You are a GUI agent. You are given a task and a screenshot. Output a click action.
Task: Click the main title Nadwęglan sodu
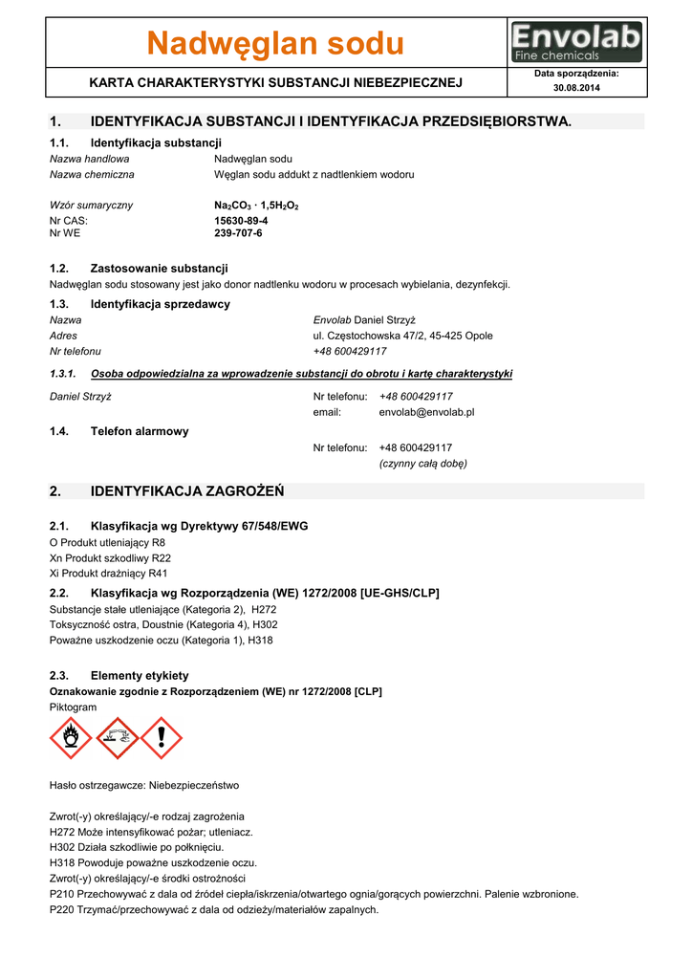coord(275,43)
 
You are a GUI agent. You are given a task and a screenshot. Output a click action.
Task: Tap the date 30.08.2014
coord(576,88)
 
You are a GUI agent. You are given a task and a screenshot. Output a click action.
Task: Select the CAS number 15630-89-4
coord(241,220)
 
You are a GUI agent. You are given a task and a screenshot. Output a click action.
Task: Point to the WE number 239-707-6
coord(238,233)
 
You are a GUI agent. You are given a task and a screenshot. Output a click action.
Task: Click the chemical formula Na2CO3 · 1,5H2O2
coord(256,206)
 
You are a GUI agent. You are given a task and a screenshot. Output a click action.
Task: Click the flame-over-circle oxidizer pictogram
coord(71,738)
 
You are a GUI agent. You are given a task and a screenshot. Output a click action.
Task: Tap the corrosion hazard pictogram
coord(116,738)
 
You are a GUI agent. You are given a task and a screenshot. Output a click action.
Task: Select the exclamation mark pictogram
coord(161,738)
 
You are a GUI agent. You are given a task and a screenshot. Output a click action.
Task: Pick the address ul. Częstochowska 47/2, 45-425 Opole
coord(402,336)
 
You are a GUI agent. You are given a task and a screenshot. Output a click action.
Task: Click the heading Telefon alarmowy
coord(140,431)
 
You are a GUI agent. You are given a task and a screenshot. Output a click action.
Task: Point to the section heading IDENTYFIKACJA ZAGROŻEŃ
coord(187,491)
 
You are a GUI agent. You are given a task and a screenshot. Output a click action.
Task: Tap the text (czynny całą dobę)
coord(422,464)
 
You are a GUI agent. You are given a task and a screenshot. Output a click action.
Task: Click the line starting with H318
coord(153,862)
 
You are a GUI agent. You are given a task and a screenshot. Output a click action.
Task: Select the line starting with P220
coord(214,909)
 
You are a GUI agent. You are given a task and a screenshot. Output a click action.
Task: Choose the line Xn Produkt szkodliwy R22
coord(110,557)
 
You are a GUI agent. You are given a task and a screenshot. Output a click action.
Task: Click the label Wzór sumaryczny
coord(91,206)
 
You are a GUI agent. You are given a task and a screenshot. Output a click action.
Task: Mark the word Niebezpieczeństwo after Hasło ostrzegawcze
coord(194,785)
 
